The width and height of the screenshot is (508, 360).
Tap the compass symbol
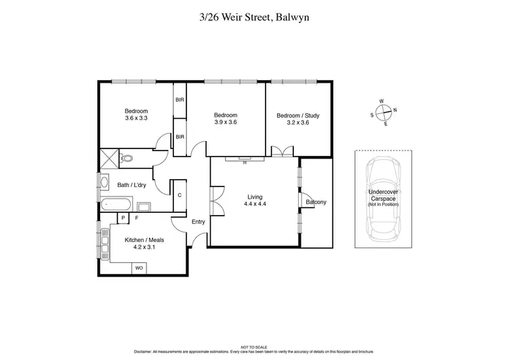click(383, 113)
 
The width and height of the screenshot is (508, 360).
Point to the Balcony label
click(316, 202)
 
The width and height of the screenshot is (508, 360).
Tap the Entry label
click(198, 222)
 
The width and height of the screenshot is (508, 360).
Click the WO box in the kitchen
click(140, 268)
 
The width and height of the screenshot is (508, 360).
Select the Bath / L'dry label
click(131, 184)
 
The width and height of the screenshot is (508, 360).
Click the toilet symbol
click(127, 159)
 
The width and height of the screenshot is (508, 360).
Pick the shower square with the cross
click(108, 158)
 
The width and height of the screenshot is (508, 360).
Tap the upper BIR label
click(179, 100)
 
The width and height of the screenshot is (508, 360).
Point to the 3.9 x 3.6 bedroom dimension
click(225, 123)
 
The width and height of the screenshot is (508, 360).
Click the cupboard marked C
click(179, 195)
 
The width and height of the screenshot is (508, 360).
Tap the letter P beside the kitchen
click(123, 218)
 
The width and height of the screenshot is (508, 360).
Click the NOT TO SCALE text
click(254, 346)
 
